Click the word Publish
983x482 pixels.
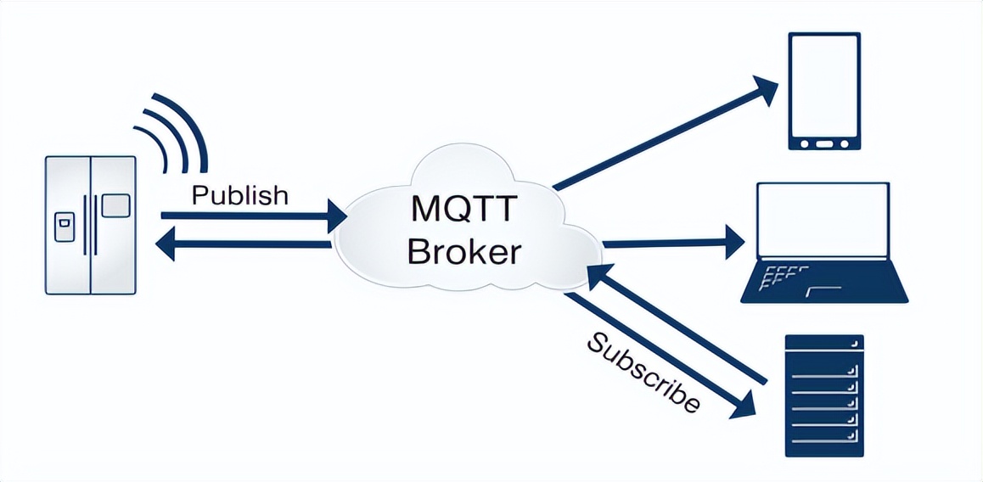coord(239,195)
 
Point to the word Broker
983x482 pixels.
coord(462,251)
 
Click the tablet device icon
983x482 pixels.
coord(824,91)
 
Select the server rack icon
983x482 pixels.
coord(823,395)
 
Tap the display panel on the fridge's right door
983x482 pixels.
coord(115,205)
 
